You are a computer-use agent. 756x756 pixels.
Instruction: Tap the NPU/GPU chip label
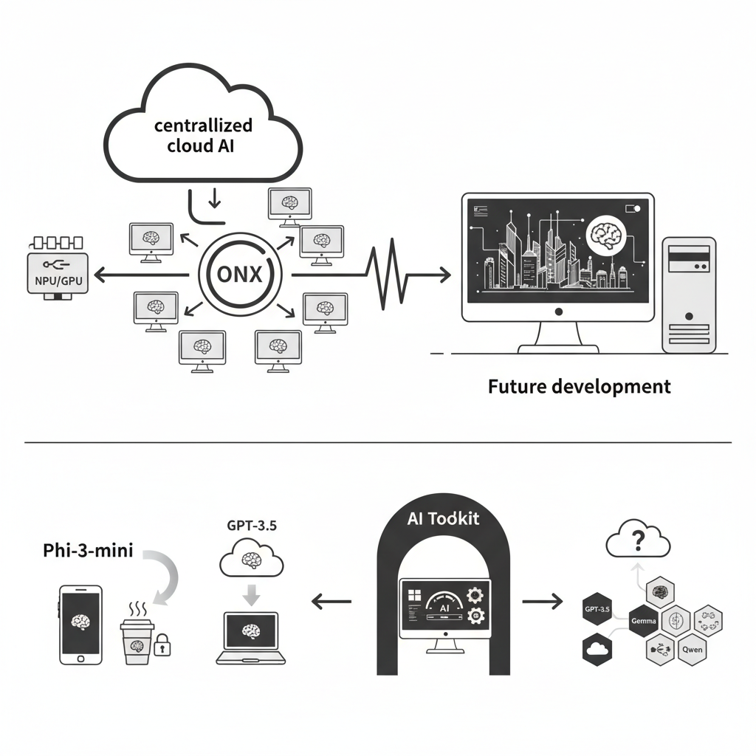click(x=57, y=281)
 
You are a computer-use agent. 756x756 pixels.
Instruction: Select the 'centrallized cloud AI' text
click(x=203, y=135)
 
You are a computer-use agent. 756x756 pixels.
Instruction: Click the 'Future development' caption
click(x=580, y=385)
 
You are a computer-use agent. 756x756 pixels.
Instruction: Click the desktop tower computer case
click(x=689, y=294)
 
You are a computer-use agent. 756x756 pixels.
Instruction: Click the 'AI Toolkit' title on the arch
click(x=443, y=518)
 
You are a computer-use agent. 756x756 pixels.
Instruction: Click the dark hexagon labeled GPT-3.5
click(x=597, y=610)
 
